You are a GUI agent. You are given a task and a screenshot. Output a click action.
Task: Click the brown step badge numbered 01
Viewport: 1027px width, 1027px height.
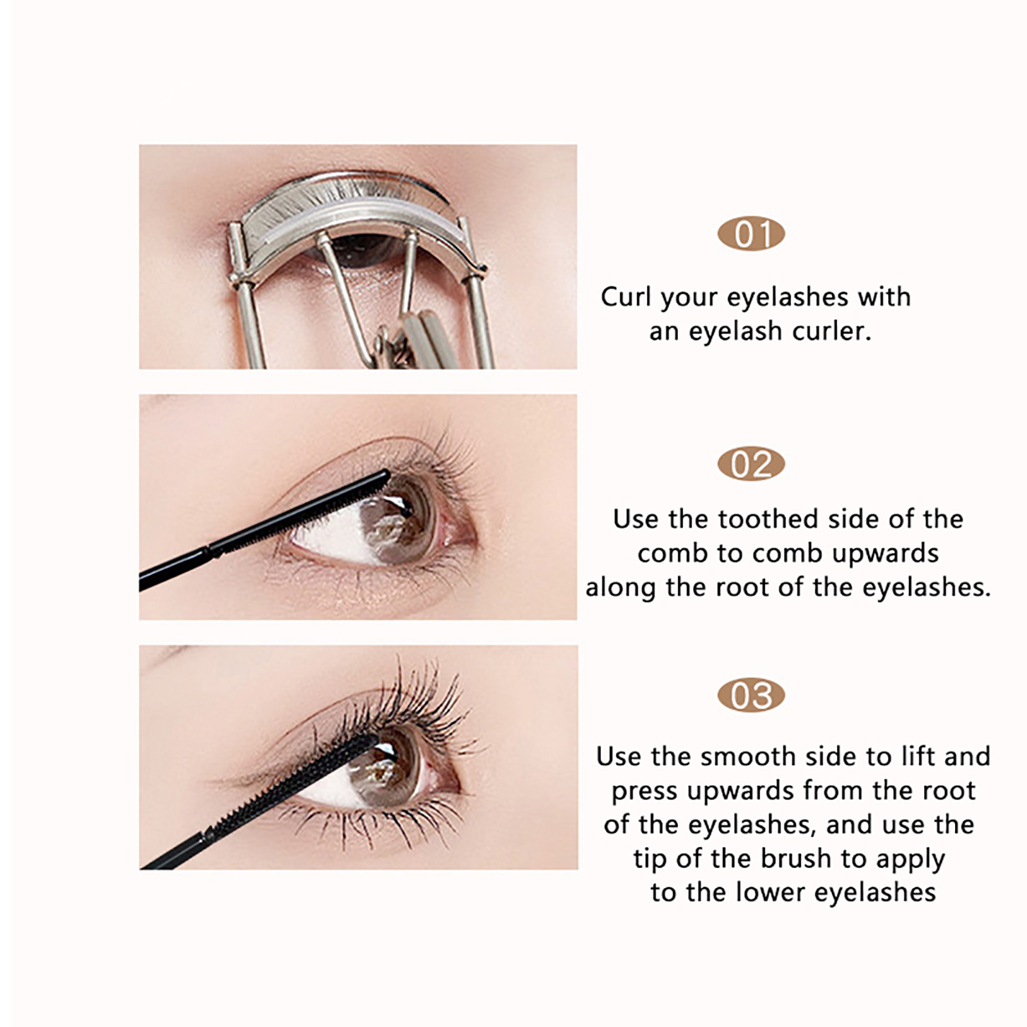[x=751, y=234]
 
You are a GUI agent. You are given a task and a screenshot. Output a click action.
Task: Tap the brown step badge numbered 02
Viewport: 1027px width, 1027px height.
[x=751, y=464]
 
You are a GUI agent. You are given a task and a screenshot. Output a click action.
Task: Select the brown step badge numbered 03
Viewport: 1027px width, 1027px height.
[x=751, y=695]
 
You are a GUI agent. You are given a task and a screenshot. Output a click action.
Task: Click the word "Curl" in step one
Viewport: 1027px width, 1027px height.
[x=626, y=297]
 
